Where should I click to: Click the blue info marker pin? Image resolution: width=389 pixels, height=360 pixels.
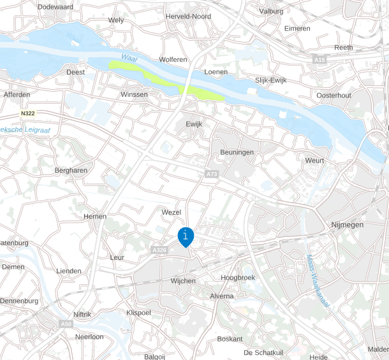pos(185,236)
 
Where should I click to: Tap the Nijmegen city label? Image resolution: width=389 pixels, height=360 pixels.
pos(347,225)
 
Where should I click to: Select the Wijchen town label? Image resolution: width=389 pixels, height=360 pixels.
pos(183,281)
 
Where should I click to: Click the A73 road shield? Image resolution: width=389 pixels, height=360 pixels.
pos(212,173)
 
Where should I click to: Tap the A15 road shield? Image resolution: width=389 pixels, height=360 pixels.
pos(319,59)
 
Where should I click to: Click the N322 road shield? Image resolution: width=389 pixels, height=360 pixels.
pos(27,113)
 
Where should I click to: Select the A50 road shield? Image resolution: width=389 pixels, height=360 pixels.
pos(66,324)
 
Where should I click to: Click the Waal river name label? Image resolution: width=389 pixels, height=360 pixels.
pos(130,59)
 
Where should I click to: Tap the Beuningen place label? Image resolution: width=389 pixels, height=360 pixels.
pos(237,152)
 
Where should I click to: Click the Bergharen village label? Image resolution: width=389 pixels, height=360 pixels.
pos(71,171)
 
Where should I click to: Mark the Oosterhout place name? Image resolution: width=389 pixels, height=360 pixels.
pos(334,95)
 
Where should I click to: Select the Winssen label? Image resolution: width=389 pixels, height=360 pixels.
pos(134,94)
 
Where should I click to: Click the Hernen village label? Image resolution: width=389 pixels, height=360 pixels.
pos(95,217)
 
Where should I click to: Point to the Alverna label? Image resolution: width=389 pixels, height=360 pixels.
pos(222,296)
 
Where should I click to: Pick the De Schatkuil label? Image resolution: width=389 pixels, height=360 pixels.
pos(263,352)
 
